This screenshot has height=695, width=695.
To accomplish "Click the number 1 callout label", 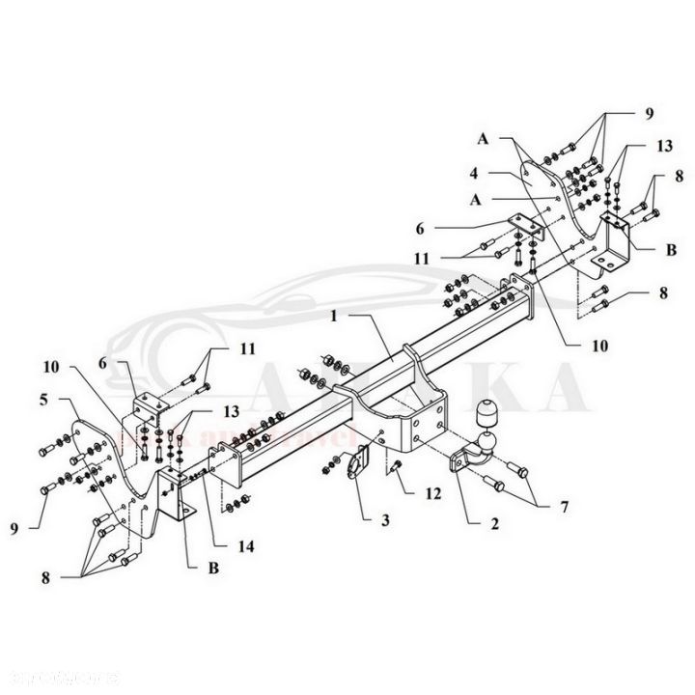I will (330, 316).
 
